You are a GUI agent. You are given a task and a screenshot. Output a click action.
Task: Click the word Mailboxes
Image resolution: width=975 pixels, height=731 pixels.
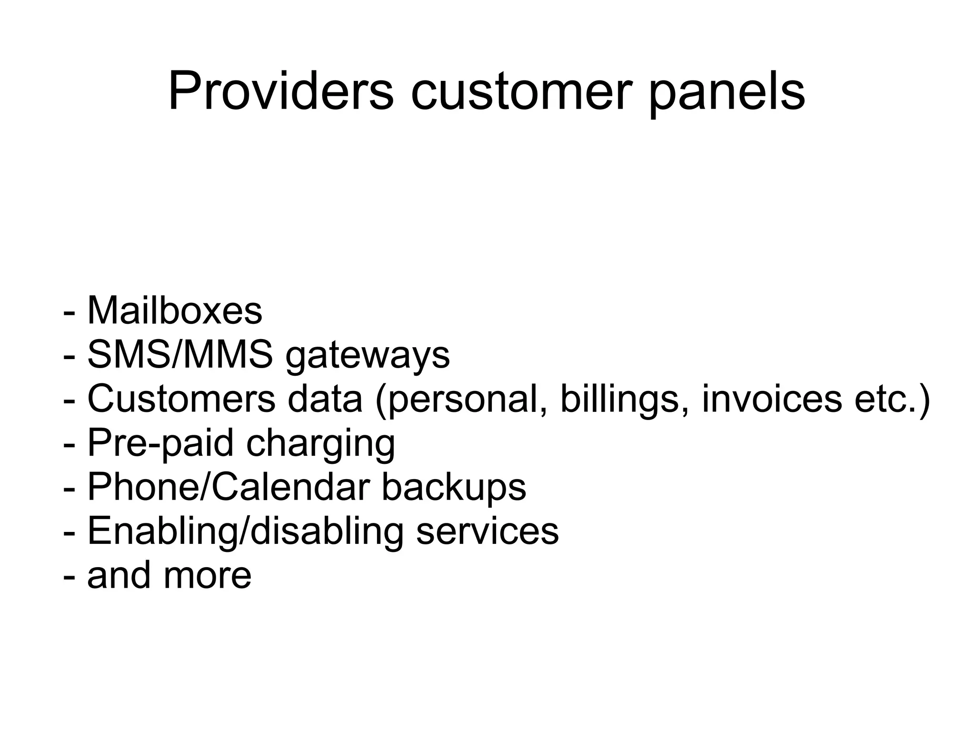click(175, 311)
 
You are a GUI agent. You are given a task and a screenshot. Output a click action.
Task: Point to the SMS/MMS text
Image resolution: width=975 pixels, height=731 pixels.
click(180, 355)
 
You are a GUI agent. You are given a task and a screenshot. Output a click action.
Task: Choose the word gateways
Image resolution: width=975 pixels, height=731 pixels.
click(368, 357)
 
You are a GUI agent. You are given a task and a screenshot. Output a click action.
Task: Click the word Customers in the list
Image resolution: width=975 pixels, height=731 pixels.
click(181, 399)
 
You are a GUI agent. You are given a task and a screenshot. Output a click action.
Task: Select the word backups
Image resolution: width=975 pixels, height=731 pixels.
click(454, 488)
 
